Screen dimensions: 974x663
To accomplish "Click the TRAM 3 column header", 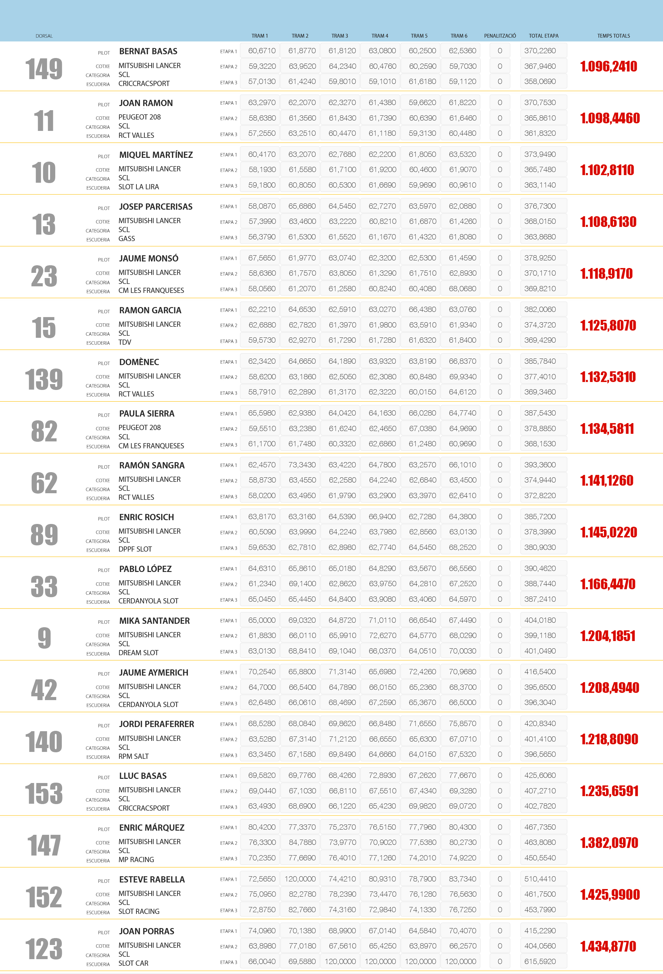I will [x=339, y=36].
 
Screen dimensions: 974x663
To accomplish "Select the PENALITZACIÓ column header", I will [x=500, y=36].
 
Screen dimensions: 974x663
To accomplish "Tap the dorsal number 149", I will [x=44, y=69].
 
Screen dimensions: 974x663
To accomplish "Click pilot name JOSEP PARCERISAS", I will [x=155, y=207].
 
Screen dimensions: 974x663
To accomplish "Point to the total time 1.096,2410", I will [x=608, y=67].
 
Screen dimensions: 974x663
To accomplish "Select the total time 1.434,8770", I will [x=608, y=946].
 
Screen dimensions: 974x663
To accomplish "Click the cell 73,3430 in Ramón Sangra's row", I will [x=302, y=465].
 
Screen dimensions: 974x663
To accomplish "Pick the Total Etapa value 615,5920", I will [x=540, y=962].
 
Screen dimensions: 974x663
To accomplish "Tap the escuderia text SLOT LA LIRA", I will [x=138, y=187].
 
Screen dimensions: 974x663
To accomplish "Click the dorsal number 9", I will [x=44, y=638].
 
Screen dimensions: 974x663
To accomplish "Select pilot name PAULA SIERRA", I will [x=147, y=414].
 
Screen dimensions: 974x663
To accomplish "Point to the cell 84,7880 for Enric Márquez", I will [x=302, y=842].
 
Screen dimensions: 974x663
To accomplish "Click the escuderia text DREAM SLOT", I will [x=138, y=653].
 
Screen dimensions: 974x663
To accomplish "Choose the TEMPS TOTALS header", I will [x=613, y=36].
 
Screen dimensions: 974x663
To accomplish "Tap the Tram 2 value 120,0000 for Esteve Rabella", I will [x=300, y=879].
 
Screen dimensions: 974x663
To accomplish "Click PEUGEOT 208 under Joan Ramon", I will [x=139, y=117].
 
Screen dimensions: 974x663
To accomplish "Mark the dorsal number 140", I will [x=44, y=742].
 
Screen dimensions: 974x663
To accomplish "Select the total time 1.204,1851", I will [x=608, y=636].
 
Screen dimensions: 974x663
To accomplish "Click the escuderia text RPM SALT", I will [x=133, y=756].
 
